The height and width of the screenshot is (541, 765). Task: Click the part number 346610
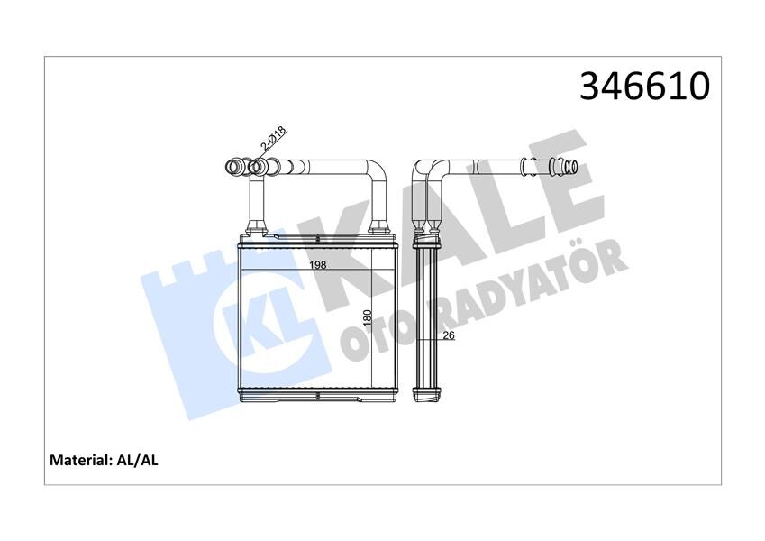tap(644, 87)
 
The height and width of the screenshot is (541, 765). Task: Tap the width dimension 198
tap(317, 264)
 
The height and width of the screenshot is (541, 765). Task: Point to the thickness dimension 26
tap(448, 336)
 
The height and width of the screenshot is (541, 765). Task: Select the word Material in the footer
tap(79, 460)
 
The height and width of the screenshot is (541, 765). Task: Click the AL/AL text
tap(138, 460)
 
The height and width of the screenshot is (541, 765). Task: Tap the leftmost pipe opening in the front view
tap(229, 166)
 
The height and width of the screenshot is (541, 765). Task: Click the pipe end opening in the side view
tap(573, 167)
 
